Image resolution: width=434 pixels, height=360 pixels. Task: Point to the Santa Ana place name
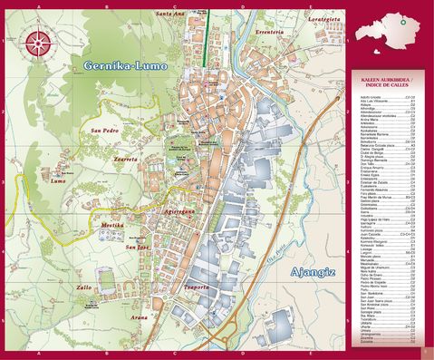click(x=170, y=14)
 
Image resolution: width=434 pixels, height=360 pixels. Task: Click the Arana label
click(x=138, y=318)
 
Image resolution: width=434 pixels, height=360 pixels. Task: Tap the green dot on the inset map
click(x=400, y=20)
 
